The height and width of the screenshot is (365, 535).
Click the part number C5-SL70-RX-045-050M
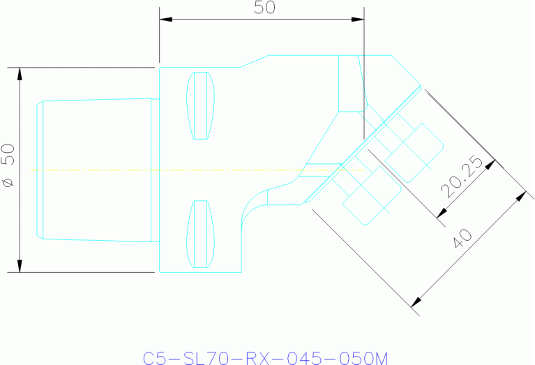click(x=266, y=358)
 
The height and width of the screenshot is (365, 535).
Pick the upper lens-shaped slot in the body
click(x=200, y=105)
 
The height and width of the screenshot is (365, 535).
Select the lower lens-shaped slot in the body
click(x=200, y=234)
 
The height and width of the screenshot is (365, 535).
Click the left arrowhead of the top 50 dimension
click(x=165, y=19)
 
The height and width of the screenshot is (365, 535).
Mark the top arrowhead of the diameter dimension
click(x=20, y=73)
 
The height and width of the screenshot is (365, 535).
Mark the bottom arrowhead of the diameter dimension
click(x=20, y=266)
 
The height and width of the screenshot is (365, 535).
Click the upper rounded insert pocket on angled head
click(x=414, y=152)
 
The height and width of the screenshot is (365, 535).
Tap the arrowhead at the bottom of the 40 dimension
click(x=416, y=301)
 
